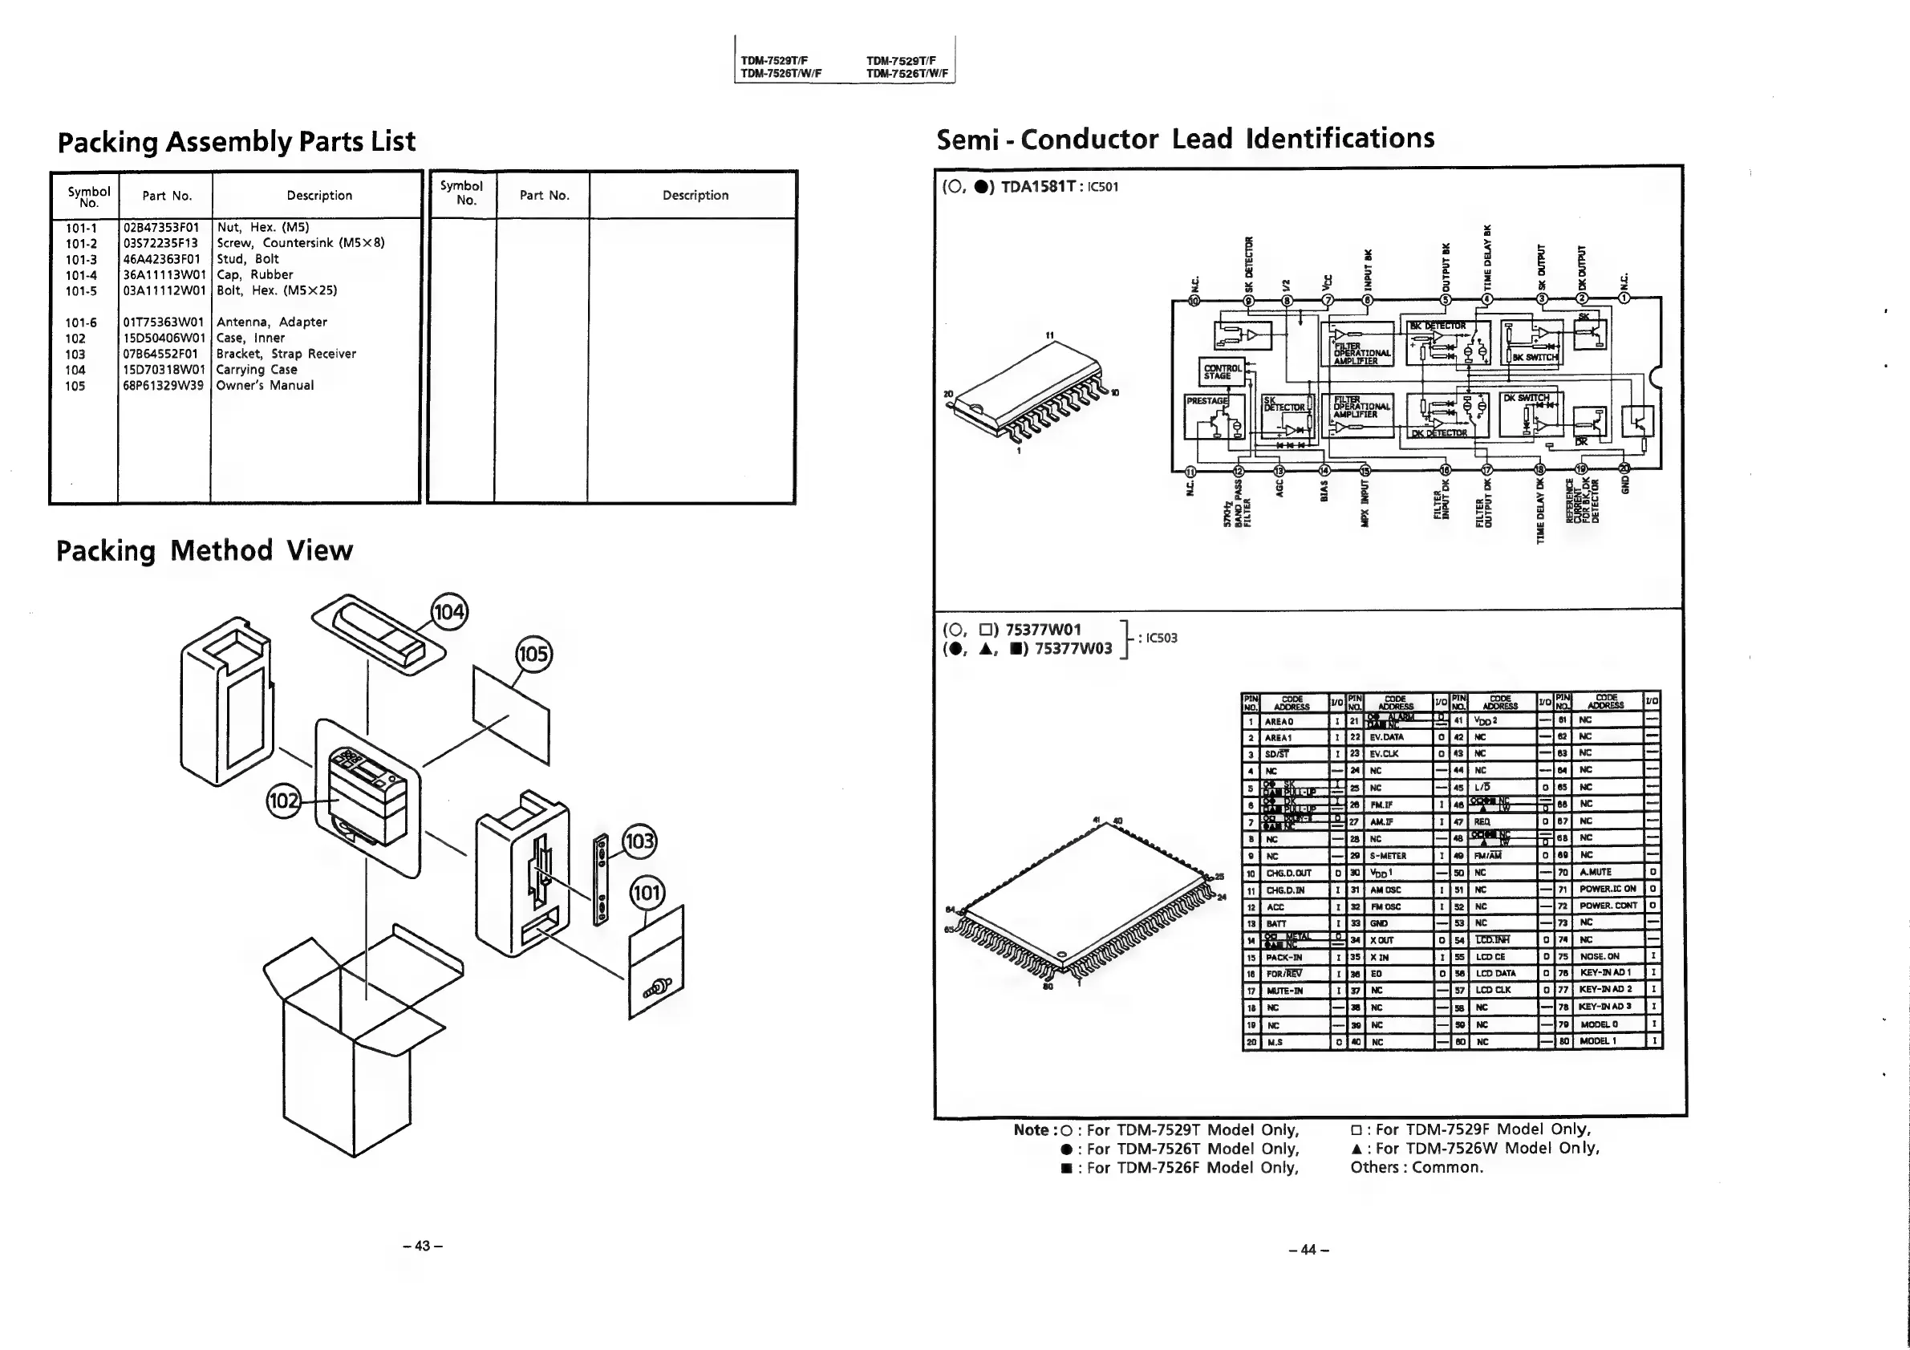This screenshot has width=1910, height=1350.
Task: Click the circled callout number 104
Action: tap(449, 612)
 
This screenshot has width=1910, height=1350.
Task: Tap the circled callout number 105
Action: tap(533, 654)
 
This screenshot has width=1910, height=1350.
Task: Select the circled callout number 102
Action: tap(284, 801)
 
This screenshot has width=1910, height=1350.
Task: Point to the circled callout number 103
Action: tap(639, 841)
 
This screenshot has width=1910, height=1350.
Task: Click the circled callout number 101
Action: tap(647, 894)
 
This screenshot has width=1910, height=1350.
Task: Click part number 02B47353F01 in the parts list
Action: tap(161, 227)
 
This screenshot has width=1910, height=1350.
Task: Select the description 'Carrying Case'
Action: tap(256, 369)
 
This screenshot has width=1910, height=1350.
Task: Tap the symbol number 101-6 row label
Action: tap(81, 322)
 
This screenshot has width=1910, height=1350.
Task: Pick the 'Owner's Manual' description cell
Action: tap(265, 385)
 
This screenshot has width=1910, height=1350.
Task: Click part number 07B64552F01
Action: tap(161, 354)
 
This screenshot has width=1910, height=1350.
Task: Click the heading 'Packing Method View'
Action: tap(204, 550)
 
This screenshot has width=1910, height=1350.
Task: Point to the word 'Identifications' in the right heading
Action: tap(1340, 138)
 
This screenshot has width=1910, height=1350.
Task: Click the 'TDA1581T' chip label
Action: tap(1037, 186)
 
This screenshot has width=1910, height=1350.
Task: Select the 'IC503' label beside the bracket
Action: tap(1162, 638)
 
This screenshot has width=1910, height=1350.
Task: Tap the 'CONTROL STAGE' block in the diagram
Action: tap(1222, 372)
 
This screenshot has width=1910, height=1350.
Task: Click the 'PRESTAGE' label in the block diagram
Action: tap(1206, 401)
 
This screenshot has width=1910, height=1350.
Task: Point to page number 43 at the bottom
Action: tap(422, 1245)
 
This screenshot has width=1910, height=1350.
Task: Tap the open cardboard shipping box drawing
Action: tap(362, 1040)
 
